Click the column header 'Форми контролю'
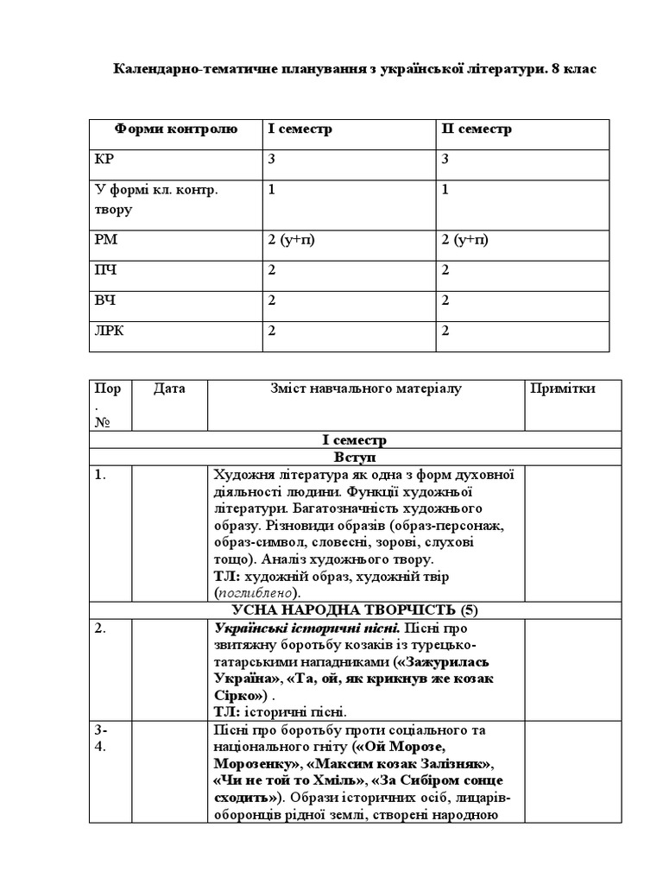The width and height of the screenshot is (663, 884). coord(175,129)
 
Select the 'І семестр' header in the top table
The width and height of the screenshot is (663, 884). coord(300,129)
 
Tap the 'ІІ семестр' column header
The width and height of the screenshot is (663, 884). coord(477,129)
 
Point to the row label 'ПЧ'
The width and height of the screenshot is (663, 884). coord(104,270)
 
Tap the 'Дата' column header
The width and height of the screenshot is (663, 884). coord(169,389)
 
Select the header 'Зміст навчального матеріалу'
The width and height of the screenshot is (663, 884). coord(366,389)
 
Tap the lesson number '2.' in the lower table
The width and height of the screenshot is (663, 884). coord(101,628)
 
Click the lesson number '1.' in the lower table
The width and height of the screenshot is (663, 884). coord(101,475)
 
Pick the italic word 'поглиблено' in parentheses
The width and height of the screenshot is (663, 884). coord(256,593)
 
